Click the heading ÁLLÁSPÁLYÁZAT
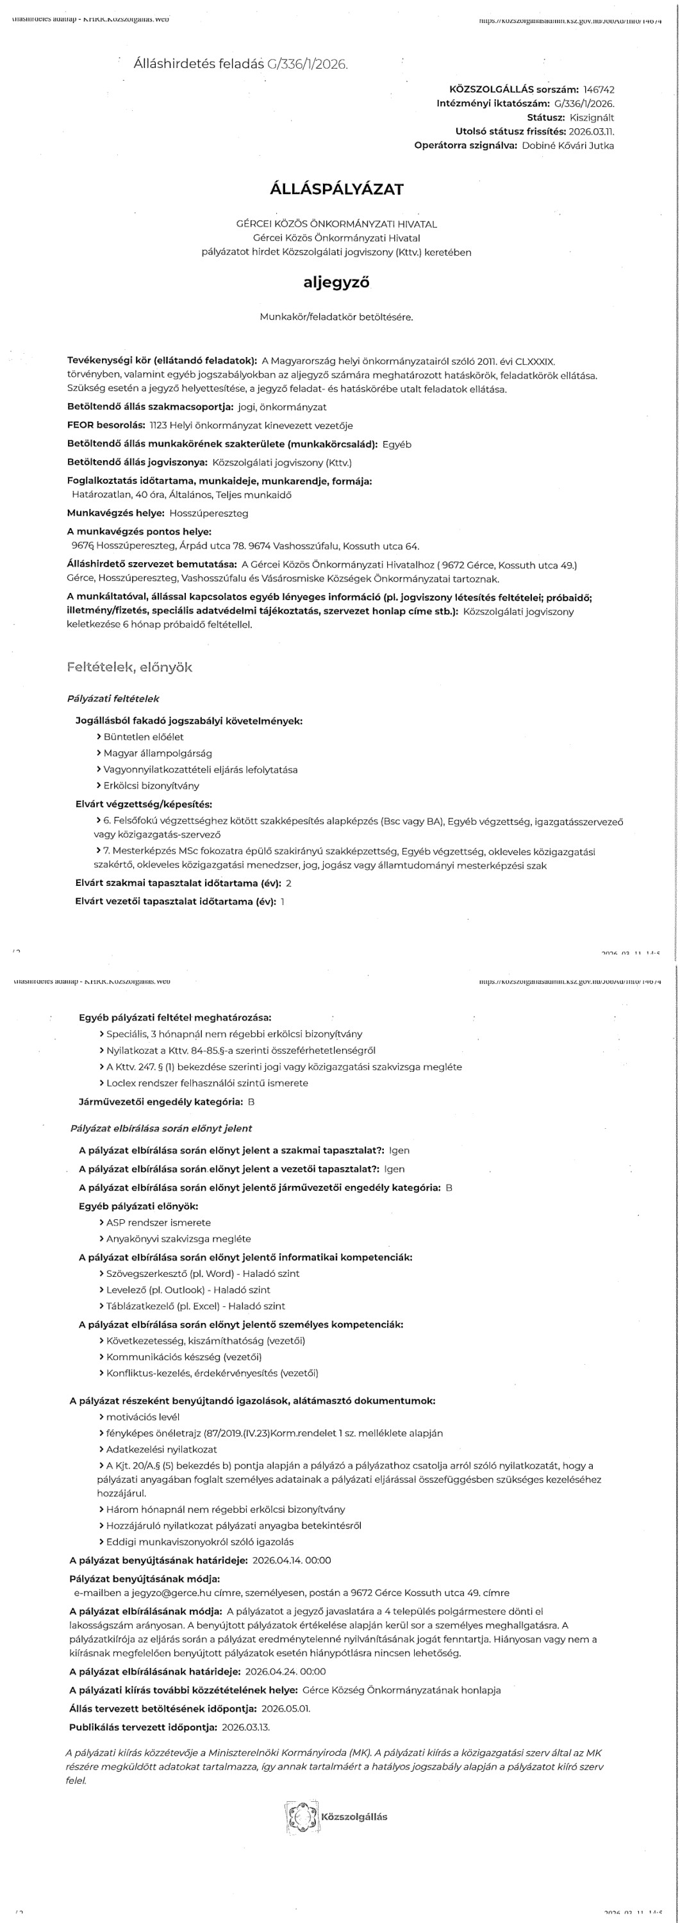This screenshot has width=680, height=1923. pyautogui.click(x=336, y=189)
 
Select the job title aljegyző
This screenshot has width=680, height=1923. pyautogui.click(x=336, y=283)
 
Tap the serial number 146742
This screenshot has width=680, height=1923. pyautogui.click(x=599, y=90)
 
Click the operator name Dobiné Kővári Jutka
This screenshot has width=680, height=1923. pyautogui.click(x=567, y=146)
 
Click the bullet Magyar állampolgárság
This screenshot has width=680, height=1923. pyautogui.click(x=158, y=753)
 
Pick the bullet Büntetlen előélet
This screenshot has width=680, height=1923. pyautogui.click(x=144, y=737)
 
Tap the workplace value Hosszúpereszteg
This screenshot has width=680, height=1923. pyautogui.click(x=209, y=513)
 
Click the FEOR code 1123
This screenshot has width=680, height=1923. pyautogui.click(x=158, y=426)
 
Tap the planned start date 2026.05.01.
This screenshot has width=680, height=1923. pyautogui.click(x=286, y=1708)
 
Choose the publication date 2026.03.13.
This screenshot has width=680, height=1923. pyautogui.click(x=246, y=1727)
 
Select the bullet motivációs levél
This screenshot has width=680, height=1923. pyautogui.click(x=142, y=1416)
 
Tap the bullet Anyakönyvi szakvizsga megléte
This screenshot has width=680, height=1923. pyautogui.click(x=178, y=1238)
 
